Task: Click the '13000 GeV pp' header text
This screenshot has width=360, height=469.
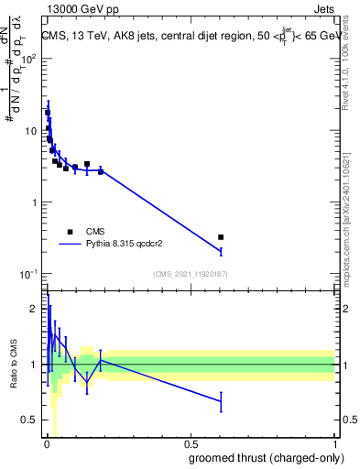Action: [82, 11]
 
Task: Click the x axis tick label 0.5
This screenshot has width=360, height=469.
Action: [190, 444]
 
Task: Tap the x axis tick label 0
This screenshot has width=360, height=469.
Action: [47, 444]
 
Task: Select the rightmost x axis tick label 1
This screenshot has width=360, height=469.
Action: [333, 444]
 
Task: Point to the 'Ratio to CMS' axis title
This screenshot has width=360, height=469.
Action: [12, 365]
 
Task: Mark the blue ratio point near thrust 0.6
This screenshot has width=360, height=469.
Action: [221, 401]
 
